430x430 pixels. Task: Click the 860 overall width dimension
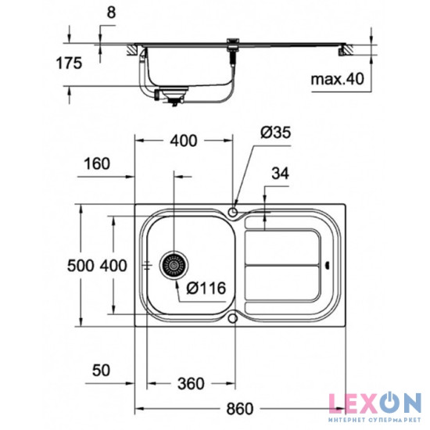(x=239, y=408)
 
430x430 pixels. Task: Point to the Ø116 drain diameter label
(x=208, y=288)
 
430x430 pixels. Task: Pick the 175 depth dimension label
(x=68, y=64)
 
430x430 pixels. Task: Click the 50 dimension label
(x=99, y=367)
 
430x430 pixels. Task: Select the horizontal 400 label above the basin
(x=184, y=141)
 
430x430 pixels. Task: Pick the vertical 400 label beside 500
(x=113, y=266)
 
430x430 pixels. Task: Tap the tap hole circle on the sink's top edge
(x=234, y=211)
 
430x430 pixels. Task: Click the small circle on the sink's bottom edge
(x=234, y=319)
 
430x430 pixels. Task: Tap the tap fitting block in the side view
(x=232, y=45)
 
